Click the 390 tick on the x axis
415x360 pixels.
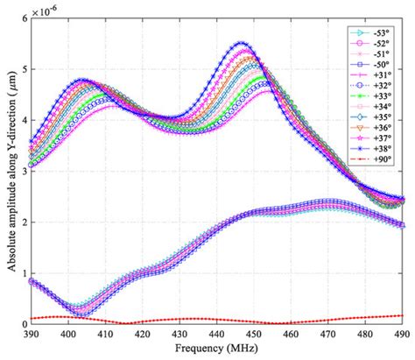32,334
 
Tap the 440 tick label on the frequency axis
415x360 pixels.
217,334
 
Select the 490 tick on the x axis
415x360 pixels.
402,334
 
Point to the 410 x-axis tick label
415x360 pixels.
106,334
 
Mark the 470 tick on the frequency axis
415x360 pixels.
328,334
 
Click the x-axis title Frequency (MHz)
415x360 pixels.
217,349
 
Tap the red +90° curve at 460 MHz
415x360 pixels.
292,321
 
